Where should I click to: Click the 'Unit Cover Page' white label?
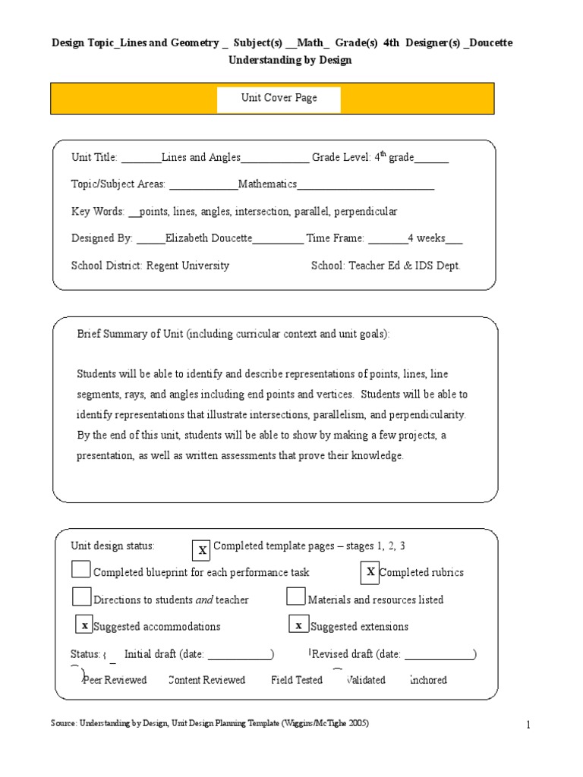(x=279, y=99)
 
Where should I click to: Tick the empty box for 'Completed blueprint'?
(x=80, y=569)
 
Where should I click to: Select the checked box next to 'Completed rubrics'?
(x=370, y=572)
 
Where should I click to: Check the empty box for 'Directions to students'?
(x=81, y=596)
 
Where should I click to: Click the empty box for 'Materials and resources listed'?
(x=296, y=596)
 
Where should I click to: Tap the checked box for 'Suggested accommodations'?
(x=84, y=625)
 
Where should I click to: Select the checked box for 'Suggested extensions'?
(x=299, y=625)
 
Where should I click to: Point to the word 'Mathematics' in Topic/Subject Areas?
(x=267, y=184)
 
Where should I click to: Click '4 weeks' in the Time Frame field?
(x=426, y=238)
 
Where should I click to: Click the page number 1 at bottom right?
(x=528, y=726)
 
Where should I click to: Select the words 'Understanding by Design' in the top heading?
(x=291, y=60)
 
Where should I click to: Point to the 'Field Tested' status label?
(x=297, y=680)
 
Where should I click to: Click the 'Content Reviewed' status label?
(x=206, y=680)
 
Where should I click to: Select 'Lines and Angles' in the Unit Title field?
(x=201, y=158)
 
